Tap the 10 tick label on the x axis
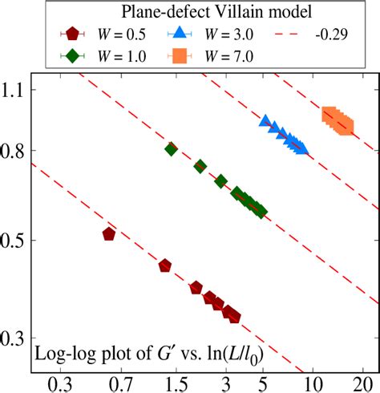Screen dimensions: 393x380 coord(313,384)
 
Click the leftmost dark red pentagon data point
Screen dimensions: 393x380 coord(109,234)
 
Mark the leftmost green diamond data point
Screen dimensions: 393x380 coord(171,149)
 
